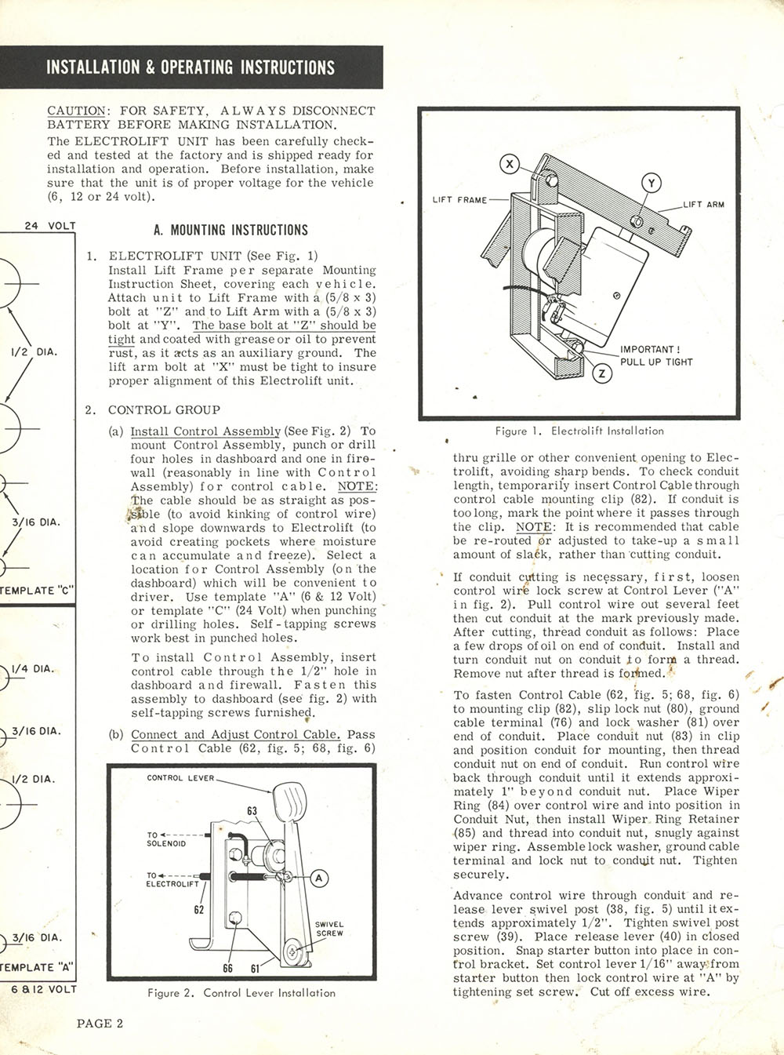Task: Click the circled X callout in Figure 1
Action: [x=510, y=164]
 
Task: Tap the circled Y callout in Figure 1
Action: [x=652, y=184]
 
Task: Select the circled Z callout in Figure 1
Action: [x=602, y=373]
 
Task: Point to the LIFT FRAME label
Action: [x=459, y=200]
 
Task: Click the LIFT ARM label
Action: [x=703, y=205]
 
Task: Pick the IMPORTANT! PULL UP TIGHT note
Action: [x=656, y=355]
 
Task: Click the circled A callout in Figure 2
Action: [x=319, y=878]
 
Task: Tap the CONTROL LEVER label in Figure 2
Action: [x=180, y=778]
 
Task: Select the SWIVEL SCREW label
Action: [x=329, y=929]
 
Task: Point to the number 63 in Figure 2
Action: [x=252, y=811]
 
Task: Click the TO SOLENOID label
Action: [x=166, y=839]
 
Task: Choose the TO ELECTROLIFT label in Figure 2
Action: [x=172, y=880]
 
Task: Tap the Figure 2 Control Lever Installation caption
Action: [x=241, y=993]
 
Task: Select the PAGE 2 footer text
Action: [x=100, y=1023]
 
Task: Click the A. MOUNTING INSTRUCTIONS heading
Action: [x=230, y=231]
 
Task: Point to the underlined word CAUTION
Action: [x=76, y=111]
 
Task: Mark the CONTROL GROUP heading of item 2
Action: [x=164, y=410]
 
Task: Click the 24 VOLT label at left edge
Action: [x=50, y=226]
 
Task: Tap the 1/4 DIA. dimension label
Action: [x=33, y=669]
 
